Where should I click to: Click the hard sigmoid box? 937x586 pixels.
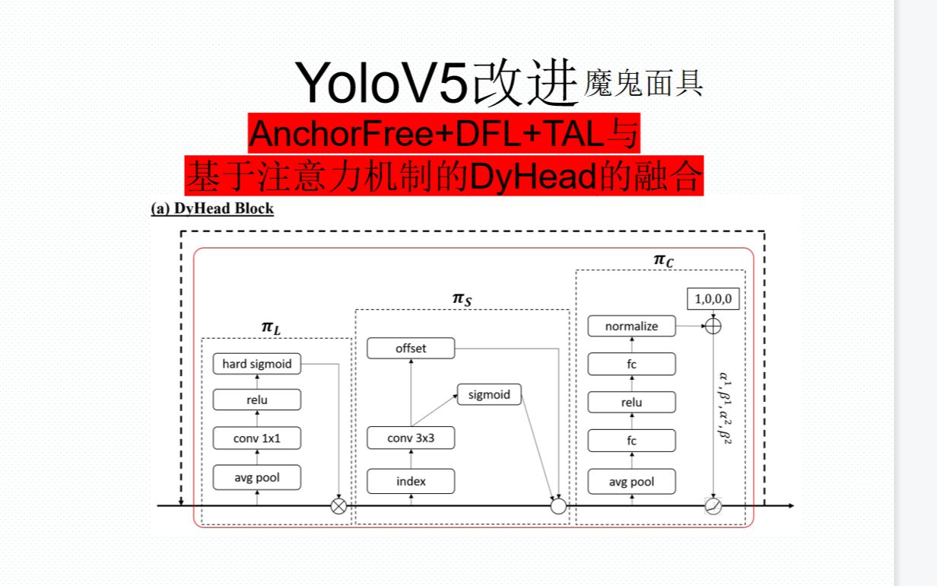pyautogui.click(x=256, y=364)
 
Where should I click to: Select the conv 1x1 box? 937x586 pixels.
pyautogui.click(x=256, y=438)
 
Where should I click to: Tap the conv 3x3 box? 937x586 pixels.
pyautogui.click(x=411, y=438)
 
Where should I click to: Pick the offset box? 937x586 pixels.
pyautogui.click(x=411, y=349)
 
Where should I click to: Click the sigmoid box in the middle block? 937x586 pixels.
pyautogui.click(x=489, y=394)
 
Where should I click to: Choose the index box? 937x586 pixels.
pyautogui.click(x=411, y=481)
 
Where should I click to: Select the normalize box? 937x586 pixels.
pyautogui.click(x=631, y=326)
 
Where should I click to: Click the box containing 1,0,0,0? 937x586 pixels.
pyautogui.click(x=713, y=299)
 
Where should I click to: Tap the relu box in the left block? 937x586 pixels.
pyautogui.click(x=256, y=400)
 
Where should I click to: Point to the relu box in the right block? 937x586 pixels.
pyautogui.click(x=631, y=402)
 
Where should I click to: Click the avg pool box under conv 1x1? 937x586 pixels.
pyautogui.click(x=256, y=477)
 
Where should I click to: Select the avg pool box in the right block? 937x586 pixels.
pyautogui.click(x=631, y=481)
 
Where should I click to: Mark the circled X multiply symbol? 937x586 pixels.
pyautogui.click(x=338, y=506)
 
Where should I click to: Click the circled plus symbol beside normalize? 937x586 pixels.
pyautogui.click(x=713, y=326)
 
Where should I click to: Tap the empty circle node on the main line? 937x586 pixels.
pyautogui.click(x=558, y=506)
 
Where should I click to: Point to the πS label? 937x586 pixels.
pyautogui.click(x=462, y=299)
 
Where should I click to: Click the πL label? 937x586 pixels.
pyautogui.click(x=270, y=327)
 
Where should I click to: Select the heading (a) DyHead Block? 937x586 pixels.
pyautogui.click(x=212, y=209)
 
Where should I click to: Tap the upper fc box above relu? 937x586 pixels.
pyautogui.click(x=631, y=364)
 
